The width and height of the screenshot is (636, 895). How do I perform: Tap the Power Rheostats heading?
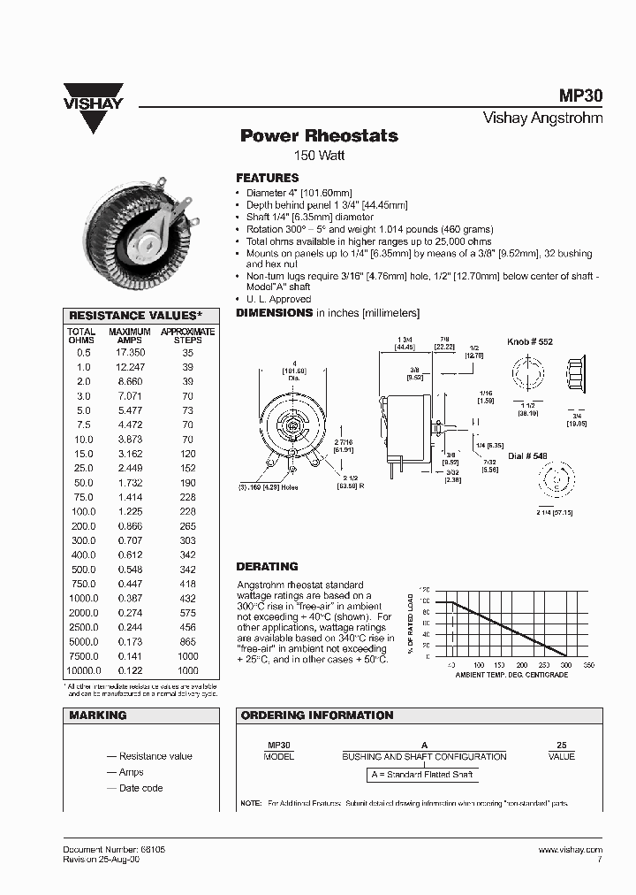point(319,136)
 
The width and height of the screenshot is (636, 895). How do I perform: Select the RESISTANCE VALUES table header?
point(136,316)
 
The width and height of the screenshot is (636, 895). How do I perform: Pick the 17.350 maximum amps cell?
point(130,352)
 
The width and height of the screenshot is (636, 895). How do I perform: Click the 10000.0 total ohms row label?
point(80,671)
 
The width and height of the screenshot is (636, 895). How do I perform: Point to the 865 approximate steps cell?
point(186,642)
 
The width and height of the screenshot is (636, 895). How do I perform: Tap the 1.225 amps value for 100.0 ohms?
point(130,512)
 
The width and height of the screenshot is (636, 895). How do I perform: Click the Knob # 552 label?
point(530,341)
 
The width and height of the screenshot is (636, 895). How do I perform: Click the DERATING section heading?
point(267,566)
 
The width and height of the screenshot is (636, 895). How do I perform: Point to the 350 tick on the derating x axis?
point(590,665)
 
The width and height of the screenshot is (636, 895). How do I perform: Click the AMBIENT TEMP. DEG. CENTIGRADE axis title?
point(511,675)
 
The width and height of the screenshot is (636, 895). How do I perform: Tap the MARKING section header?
point(98,715)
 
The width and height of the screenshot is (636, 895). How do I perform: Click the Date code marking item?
point(140,788)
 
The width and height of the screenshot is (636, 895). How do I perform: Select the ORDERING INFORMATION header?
point(317,715)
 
